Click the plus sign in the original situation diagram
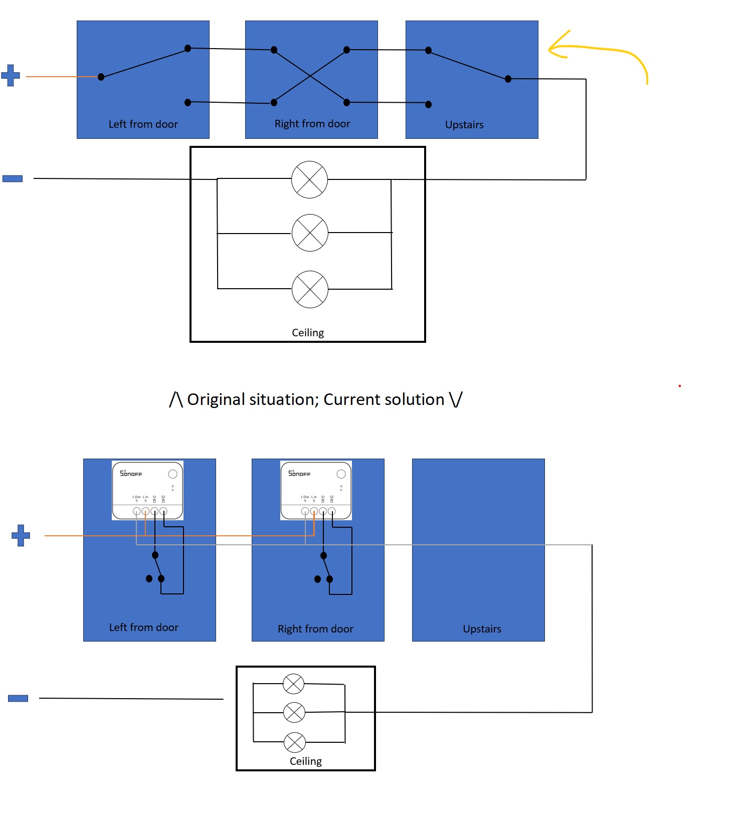(11, 75)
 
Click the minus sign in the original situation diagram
(13, 178)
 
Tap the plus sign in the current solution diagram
(21, 535)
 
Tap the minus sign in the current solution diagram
(18, 698)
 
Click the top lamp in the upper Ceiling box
(309, 179)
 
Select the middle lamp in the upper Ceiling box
(310, 233)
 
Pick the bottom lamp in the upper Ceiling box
(310, 289)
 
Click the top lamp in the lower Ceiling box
(294, 684)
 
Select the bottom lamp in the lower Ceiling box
(294, 742)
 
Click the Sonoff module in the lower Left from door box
(147, 490)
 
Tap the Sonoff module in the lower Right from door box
(316, 490)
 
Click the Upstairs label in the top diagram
(464, 125)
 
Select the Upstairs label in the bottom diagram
(482, 629)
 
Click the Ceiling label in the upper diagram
(308, 333)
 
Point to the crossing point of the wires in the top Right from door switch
(310, 76)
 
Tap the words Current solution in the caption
(384, 399)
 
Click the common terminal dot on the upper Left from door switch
(101, 77)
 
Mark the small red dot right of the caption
(680, 386)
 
